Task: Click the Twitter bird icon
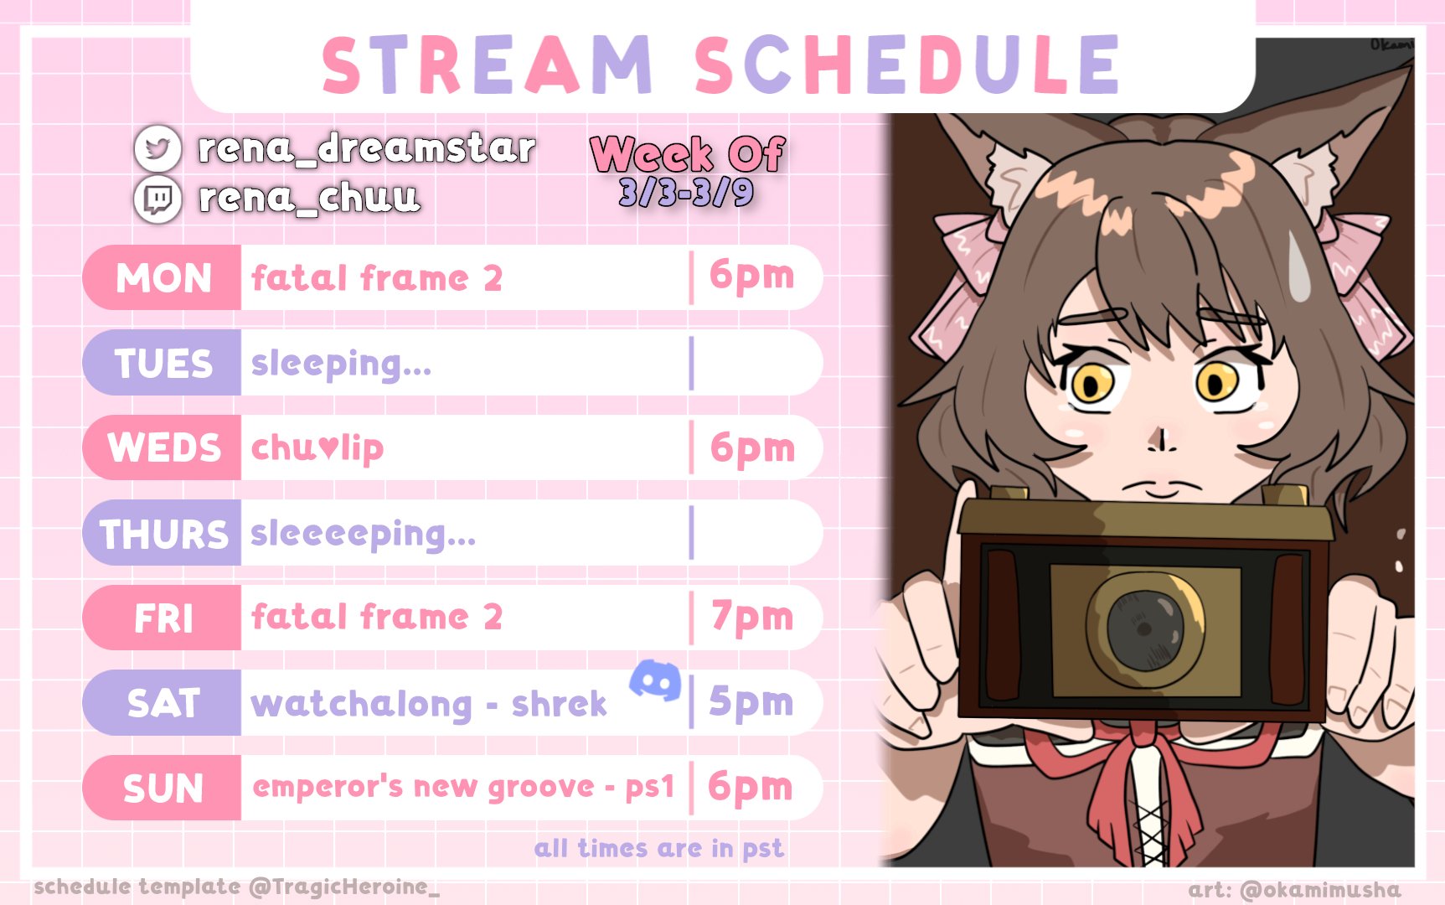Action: pyautogui.click(x=157, y=148)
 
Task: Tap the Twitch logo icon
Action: pyautogui.click(x=157, y=199)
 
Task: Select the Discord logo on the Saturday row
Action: pyautogui.click(x=655, y=680)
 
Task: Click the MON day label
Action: pyautogui.click(x=163, y=278)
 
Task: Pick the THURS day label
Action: pyautogui.click(x=163, y=534)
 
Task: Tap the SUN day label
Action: pyautogui.click(x=163, y=789)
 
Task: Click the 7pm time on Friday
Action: pyautogui.click(x=751, y=618)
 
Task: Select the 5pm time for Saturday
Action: pyautogui.click(x=751, y=703)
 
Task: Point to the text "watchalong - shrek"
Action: pyautogui.click(x=429, y=705)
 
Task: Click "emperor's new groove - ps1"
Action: pyautogui.click(x=463, y=788)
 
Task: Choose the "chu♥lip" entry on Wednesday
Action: pyautogui.click(x=317, y=448)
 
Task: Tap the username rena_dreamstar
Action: pyautogui.click(x=366, y=148)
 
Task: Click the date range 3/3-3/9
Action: pyautogui.click(x=686, y=193)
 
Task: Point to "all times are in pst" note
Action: pyautogui.click(x=659, y=848)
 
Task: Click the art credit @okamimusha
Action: pyautogui.click(x=1294, y=890)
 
